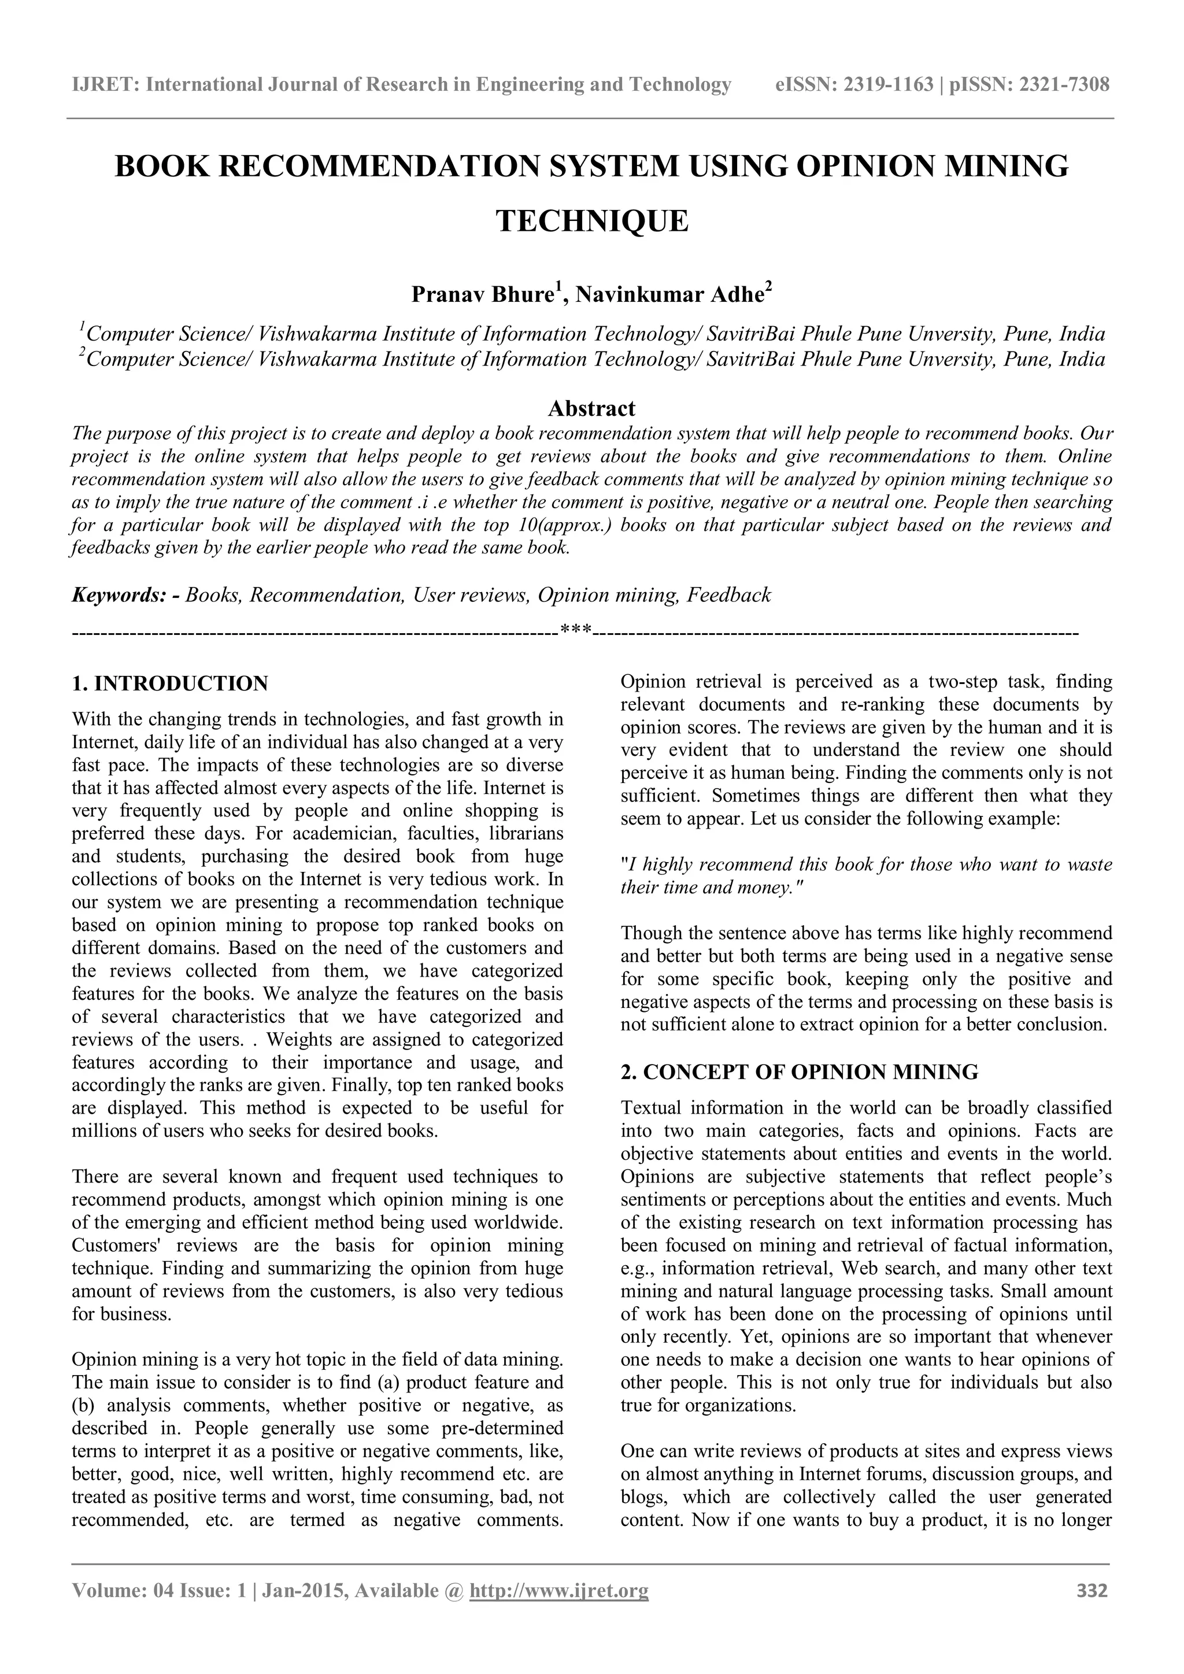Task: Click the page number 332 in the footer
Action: pyautogui.click(x=1091, y=1591)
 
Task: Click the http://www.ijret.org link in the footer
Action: pyautogui.click(x=558, y=1591)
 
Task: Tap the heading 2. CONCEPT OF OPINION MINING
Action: pyautogui.click(x=799, y=1072)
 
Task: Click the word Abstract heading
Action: pyautogui.click(x=591, y=408)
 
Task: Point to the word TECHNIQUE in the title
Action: pyautogui.click(x=592, y=221)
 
